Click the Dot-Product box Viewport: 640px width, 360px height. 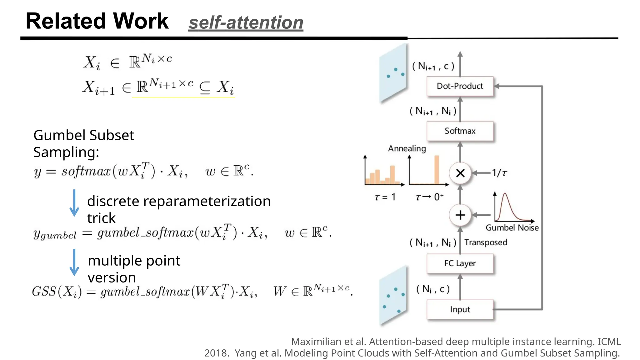coord(460,86)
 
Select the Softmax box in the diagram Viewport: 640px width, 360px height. coord(460,131)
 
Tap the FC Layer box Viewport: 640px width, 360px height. coord(460,263)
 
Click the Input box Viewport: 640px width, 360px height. coord(460,309)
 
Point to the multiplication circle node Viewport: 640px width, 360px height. coord(460,173)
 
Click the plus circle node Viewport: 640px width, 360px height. coord(460,215)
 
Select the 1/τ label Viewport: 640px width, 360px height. coord(499,173)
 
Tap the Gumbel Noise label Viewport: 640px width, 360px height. coord(512,228)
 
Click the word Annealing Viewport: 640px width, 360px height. coord(407,148)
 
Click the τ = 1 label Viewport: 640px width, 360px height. coord(385,197)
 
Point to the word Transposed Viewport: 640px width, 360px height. coord(486,242)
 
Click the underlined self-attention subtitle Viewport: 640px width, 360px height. coord(246,23)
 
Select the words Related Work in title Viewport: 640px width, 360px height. coord(97,21)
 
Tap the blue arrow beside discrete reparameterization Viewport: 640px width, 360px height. coord(74,203)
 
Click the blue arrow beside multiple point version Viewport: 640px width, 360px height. coord(74,262)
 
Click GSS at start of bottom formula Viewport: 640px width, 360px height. coord(44,292)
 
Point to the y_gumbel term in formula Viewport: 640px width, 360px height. coord(55,234)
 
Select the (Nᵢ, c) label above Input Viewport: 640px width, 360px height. coord(433,289)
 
